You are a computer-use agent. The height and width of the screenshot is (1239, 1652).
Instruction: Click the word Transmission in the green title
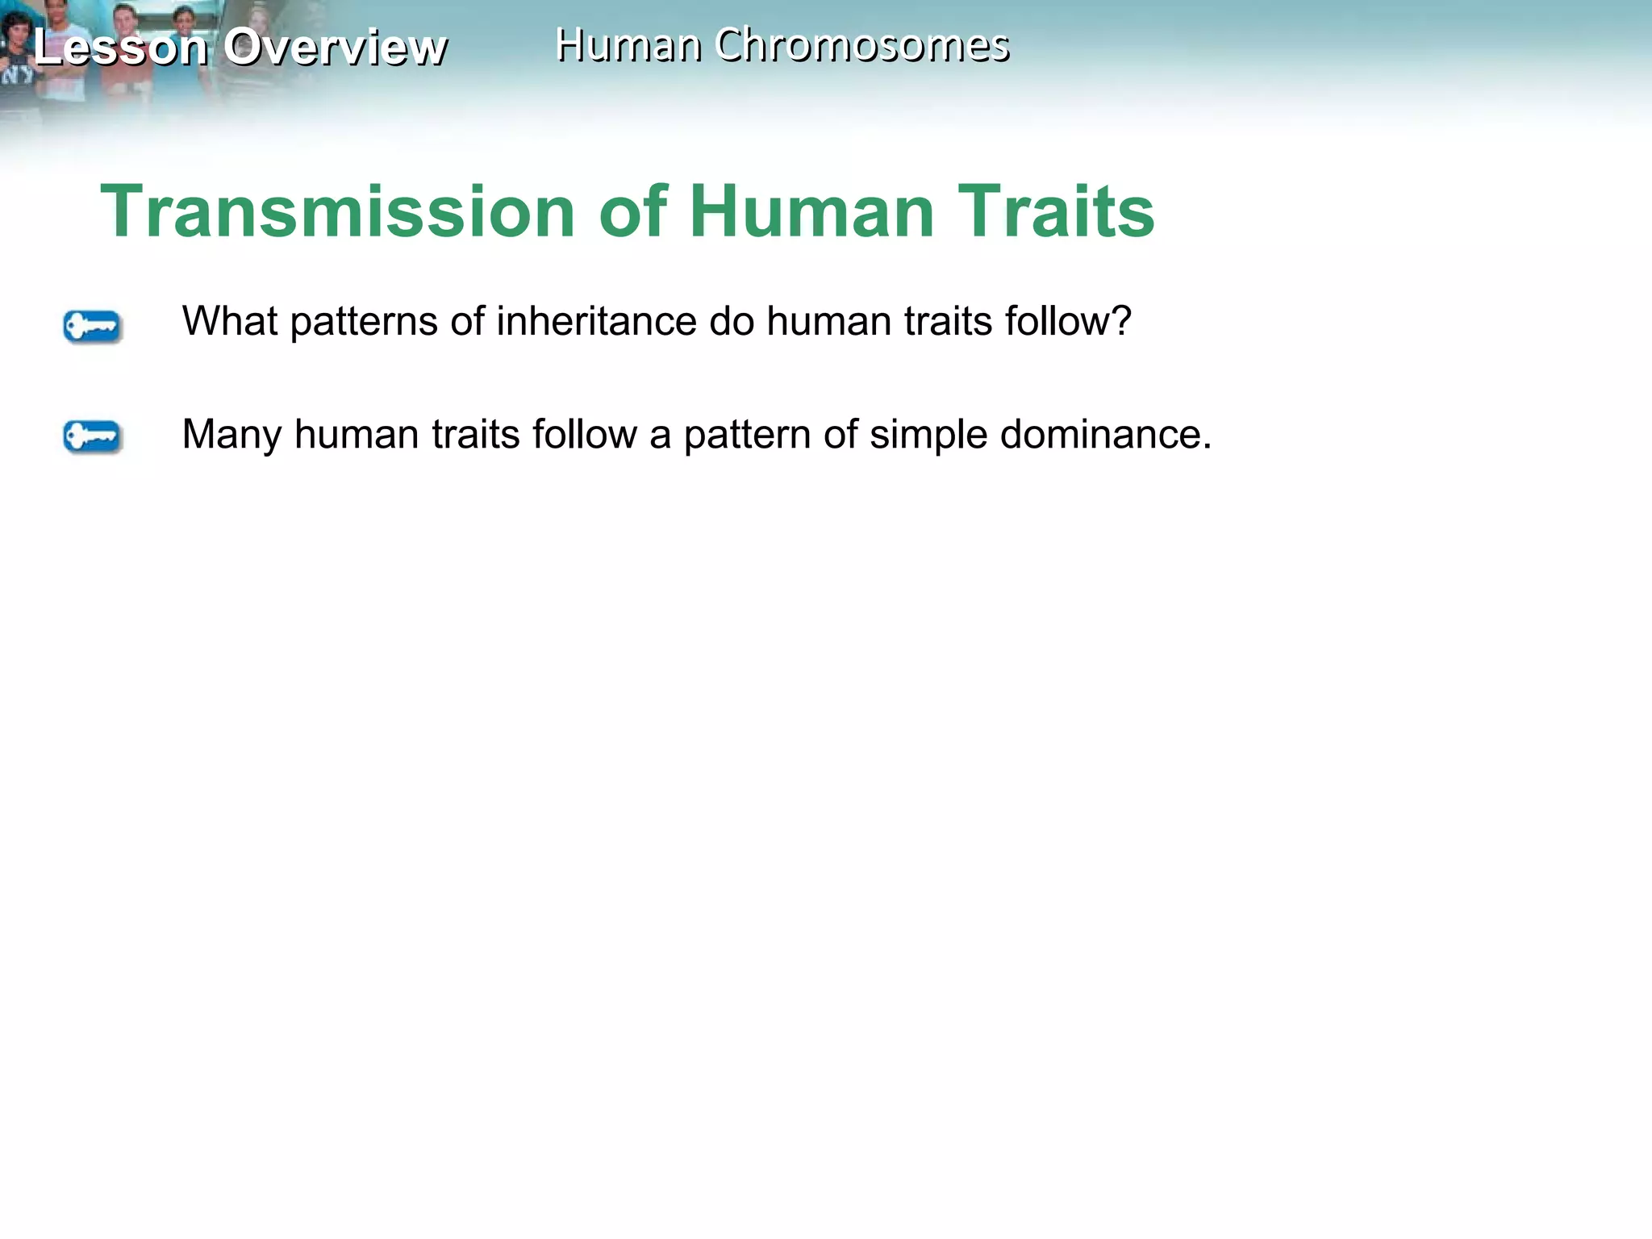[x=337, y=211]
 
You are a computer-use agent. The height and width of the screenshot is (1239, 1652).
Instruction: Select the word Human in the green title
[x=811, y=211]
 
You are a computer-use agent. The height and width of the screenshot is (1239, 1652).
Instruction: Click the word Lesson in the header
[x=121, y=47]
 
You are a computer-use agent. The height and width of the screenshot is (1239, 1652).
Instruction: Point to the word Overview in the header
[x=335, y=47]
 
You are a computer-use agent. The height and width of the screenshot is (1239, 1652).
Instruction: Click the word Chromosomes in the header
[x=861, y=45]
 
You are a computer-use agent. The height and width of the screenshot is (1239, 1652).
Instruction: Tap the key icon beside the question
[x=92, y=327]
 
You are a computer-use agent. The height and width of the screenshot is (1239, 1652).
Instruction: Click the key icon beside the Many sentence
[x=92, y=436]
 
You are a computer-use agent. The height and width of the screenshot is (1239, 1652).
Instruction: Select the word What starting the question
[x=230, y=321]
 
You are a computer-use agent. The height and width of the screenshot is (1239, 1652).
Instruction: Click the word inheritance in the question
[x=596, y=321]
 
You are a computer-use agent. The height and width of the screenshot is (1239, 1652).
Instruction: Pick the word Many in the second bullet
[x=232, y=436]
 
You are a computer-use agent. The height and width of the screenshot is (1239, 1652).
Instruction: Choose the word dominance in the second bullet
[x=1106, y=434]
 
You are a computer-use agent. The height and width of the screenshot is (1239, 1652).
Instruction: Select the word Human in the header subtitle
[x=628, y=45]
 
